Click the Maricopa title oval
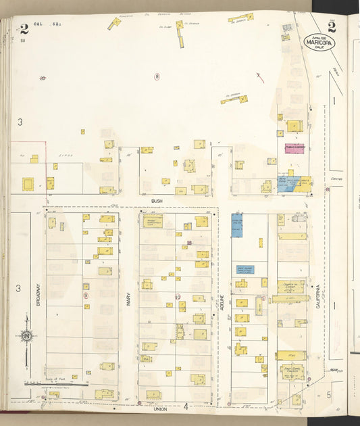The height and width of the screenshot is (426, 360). click(x=319, y=42)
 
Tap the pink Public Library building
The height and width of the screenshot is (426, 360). click(x=294, y=148)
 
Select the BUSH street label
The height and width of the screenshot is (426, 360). click(x=157, y=201)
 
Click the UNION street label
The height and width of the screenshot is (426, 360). click(x=160, y=408)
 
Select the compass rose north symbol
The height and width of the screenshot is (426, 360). click(x=26, y=336)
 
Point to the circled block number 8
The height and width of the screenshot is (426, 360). click(x=157, y=76)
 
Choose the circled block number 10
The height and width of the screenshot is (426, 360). click(x=177, y=296)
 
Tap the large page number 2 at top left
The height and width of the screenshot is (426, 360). click(x=24, y=28)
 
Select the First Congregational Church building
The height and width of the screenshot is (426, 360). click(x=292, y=373)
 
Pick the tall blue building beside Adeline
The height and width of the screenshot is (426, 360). click(x=237, y=226)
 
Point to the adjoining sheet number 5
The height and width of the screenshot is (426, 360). click(x=330, y=394)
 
